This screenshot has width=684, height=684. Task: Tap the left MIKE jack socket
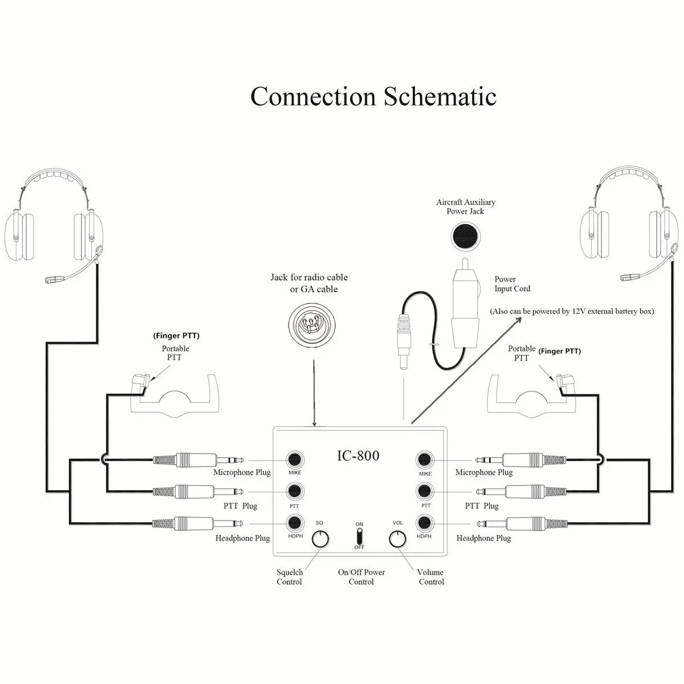click(x=295, y=459)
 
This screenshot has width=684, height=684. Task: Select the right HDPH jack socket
click(x=424, y=523)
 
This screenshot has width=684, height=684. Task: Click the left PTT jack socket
click(x=295, y=491)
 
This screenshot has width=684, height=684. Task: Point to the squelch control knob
click(x=321, y=539)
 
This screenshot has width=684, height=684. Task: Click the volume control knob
click(x=397, y=539)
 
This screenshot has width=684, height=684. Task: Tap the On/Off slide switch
click(x=359, y=536)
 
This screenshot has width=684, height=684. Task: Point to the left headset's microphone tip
click(x=55, y=279)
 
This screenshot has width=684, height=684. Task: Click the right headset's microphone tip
click(x=630, y=277)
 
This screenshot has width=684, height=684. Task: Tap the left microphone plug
click(x=199, y=459)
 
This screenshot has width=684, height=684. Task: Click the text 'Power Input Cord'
click(x=512, y=284)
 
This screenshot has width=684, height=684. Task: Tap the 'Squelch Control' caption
click(x=289, y=577)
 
